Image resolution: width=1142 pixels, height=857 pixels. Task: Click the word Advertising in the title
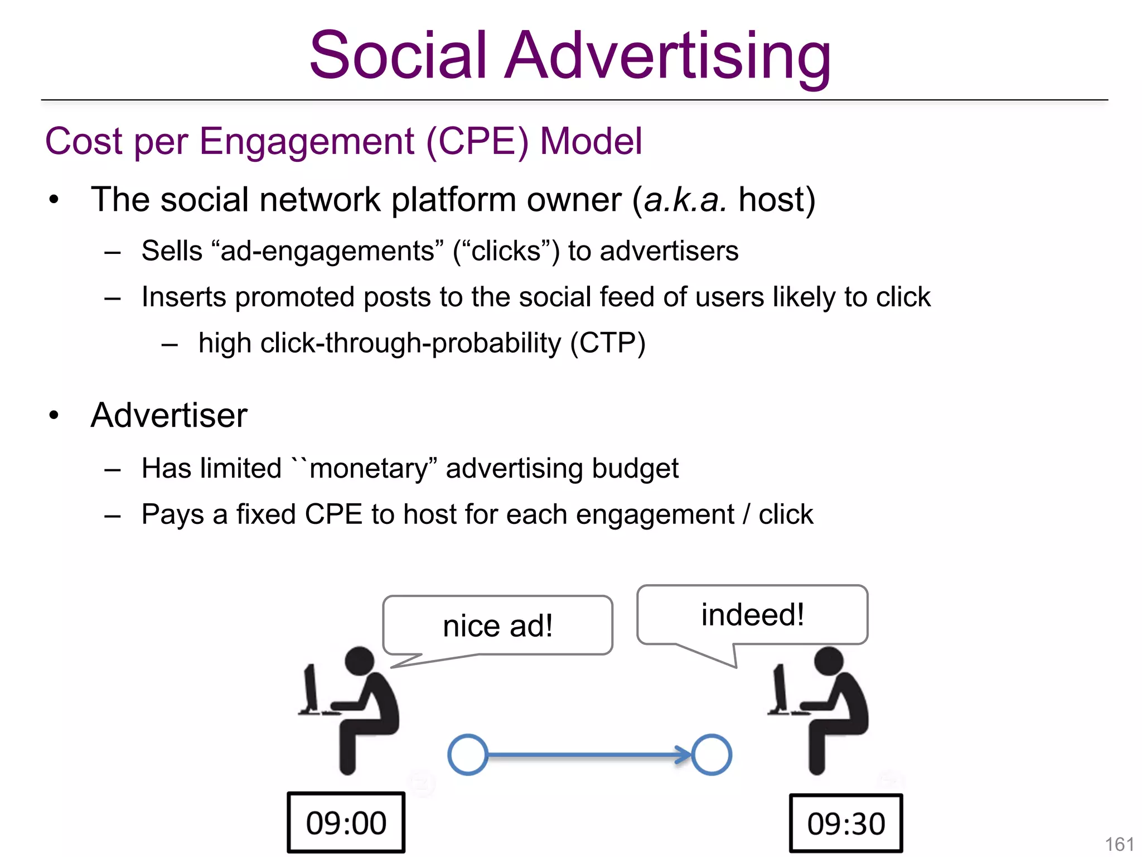667,56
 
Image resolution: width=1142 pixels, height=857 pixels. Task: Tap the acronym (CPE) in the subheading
477,141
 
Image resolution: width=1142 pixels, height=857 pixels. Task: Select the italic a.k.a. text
685,200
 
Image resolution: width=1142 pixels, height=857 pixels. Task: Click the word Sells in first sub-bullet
172,251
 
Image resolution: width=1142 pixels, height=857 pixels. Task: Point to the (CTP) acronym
608,343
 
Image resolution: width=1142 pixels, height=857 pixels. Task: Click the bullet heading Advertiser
169,415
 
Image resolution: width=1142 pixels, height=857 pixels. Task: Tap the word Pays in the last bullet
172,514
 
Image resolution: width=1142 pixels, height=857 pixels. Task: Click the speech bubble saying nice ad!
497,625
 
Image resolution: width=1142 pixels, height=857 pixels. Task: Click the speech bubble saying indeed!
752,615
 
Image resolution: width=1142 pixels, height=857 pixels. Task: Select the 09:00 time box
346,823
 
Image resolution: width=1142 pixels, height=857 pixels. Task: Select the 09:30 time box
845,824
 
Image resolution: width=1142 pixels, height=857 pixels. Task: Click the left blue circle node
467,754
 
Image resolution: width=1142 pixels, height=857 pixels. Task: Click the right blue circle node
712,754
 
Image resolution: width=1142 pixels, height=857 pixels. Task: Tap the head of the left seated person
360,661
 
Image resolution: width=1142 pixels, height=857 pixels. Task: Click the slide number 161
1119,844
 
